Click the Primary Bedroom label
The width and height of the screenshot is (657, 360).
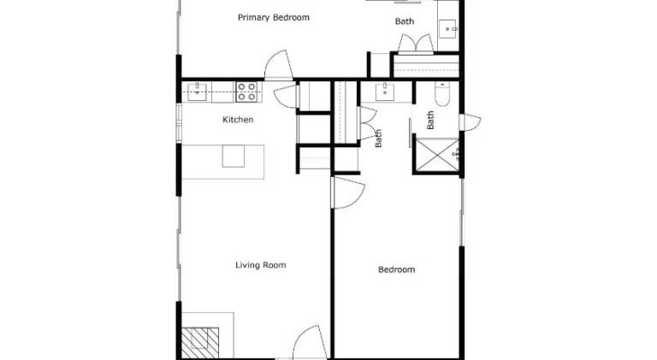tap(274, 18)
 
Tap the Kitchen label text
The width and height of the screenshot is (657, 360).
tap(238, 120)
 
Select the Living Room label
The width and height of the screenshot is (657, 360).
tap(261, 265)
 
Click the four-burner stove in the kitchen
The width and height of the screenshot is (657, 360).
tap(246, 91)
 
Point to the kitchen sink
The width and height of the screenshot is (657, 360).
tap(197, 91)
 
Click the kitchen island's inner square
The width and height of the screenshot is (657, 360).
tap(234, 156)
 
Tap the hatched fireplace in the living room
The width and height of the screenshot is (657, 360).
tap(200, 343)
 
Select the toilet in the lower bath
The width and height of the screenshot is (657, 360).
tap(442, 94)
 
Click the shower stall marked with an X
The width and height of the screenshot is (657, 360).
tap(437, 155)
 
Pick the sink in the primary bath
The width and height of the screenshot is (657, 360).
tap(448, 29)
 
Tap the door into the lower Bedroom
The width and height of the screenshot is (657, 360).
tap(348, 192)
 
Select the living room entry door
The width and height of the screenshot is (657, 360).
tap(309, 343)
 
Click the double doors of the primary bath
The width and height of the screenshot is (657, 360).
tap(416, 44)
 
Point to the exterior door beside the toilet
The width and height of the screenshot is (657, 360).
tap(470, 122)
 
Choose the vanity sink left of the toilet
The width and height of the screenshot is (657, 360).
tap(385, 91)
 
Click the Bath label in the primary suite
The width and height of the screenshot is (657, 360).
tap(405, 21)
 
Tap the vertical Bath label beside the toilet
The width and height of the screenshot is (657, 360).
tap(430, 120)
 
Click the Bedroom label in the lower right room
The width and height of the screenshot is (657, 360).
tap(396, 269)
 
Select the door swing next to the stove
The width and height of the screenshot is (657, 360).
tap(286, 97)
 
